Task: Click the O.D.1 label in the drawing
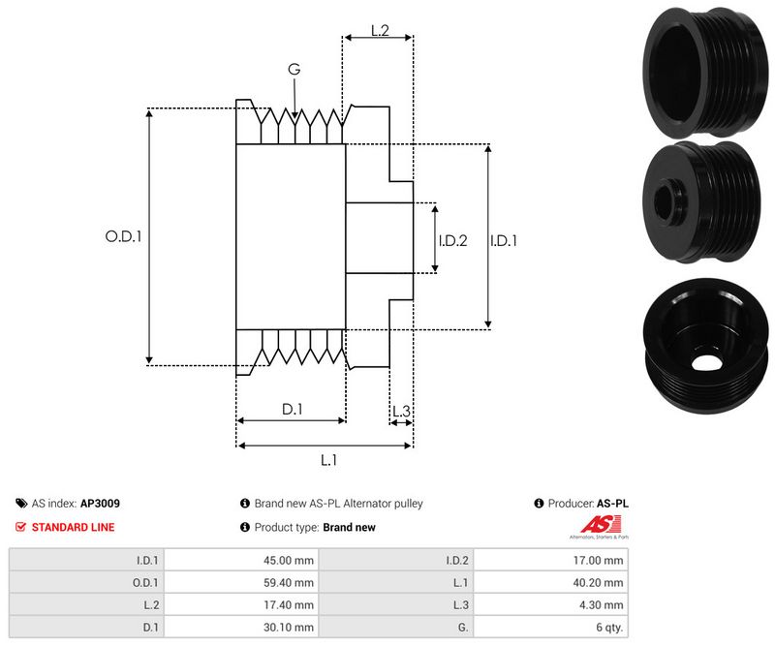point(123,235)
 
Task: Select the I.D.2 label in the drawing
point(452,240)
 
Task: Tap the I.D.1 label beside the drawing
point(503,240)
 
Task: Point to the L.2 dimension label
point(379,31)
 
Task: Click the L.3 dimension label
point(401,412)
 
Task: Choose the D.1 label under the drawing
point(293,410)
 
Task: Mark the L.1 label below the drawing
point(328,460)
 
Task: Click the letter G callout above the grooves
point(294,69)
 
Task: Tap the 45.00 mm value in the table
point(292,560)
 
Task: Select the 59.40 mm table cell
point(292,582)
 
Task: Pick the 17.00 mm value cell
point(601,560)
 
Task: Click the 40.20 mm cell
point(601,582)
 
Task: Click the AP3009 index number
point(100,504)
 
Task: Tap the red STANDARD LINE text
point(73,527)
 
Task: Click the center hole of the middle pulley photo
point(668,205)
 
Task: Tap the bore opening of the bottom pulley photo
point(710,360)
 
